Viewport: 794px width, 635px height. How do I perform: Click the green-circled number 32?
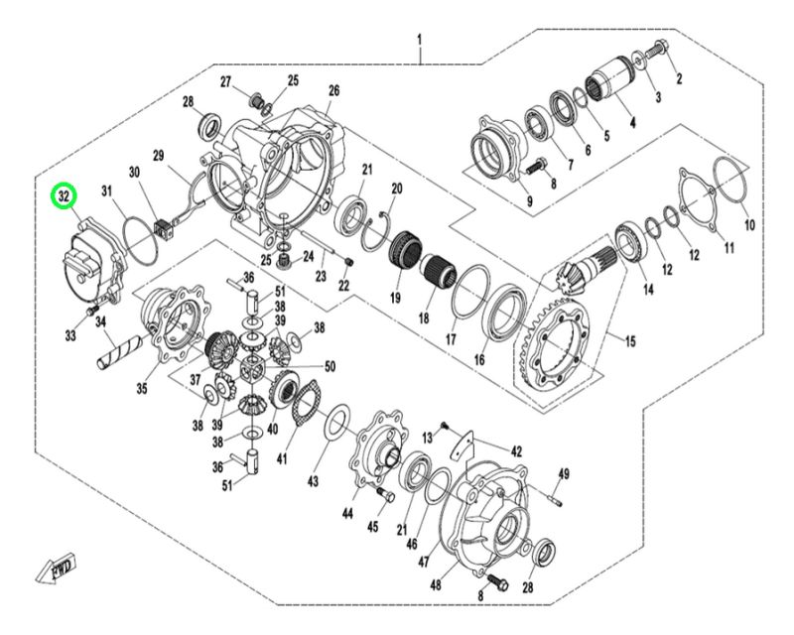click(x=65, y=195)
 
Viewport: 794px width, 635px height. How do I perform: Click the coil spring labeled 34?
click(x=118, y=350)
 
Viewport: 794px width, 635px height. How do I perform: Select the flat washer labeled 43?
click(x=334, y=424)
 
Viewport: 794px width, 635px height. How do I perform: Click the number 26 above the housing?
click(x=333, y=90)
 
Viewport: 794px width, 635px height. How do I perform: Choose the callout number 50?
click(x=330, y=366)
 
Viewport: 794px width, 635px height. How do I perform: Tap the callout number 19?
click(x=392, y=298)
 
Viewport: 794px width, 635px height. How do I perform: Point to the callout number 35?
click(x=141, y=388)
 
